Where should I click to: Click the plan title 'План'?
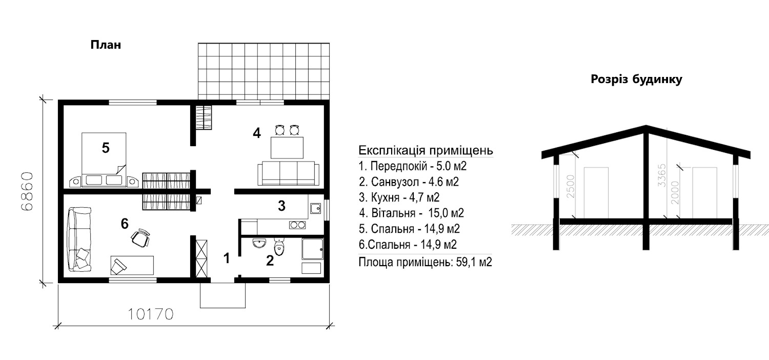point(106,45)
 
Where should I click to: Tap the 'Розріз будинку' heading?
point(637,79)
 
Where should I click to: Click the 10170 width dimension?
point(151,314)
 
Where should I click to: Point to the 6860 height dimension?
point(27,191)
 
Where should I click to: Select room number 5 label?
point(106,148)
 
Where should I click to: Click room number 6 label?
point(125,224)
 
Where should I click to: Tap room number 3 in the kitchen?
point(281,206)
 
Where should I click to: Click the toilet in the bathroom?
point(279,247)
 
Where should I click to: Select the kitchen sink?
point(315,208)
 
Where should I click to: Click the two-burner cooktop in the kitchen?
point(297,225)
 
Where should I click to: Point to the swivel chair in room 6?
point(140,237)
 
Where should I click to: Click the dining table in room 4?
point(287,147)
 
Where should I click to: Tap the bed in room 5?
point(104,159)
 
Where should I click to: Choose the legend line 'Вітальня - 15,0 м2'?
point(412,213)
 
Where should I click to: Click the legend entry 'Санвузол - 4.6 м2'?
point(409,182)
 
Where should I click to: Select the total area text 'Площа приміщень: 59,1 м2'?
point(426,262)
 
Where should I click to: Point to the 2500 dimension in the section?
point(570,187)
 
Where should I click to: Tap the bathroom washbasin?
point(259,243)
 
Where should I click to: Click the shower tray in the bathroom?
point(312,249)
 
